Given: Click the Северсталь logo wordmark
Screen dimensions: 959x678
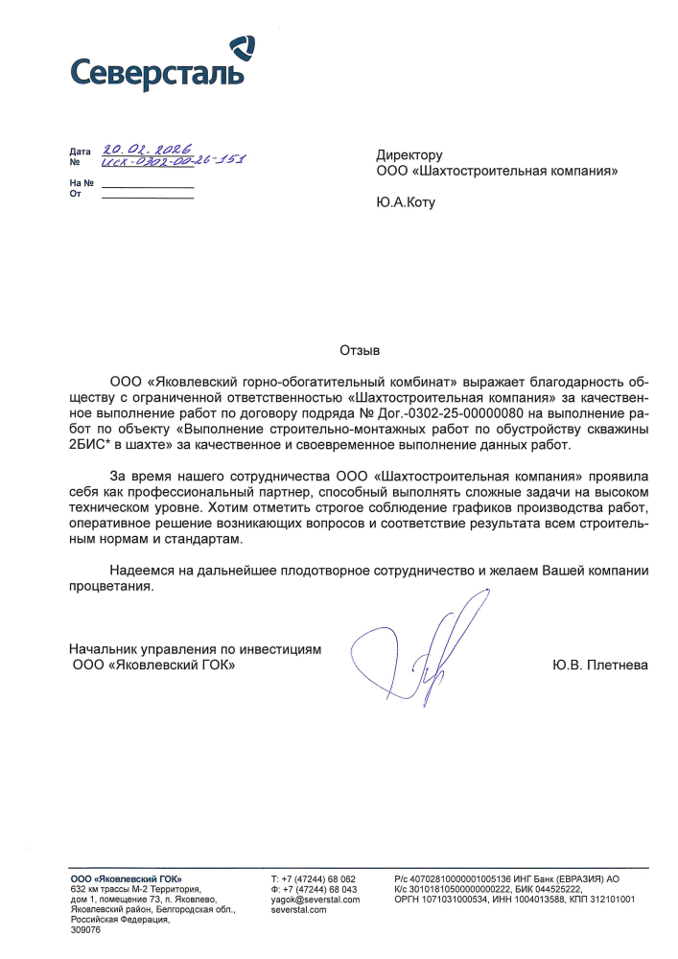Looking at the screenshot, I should tap(157, 72).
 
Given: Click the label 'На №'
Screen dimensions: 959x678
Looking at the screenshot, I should tap(82, 182).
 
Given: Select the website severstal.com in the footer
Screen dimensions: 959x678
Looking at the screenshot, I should tap(299, 909).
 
